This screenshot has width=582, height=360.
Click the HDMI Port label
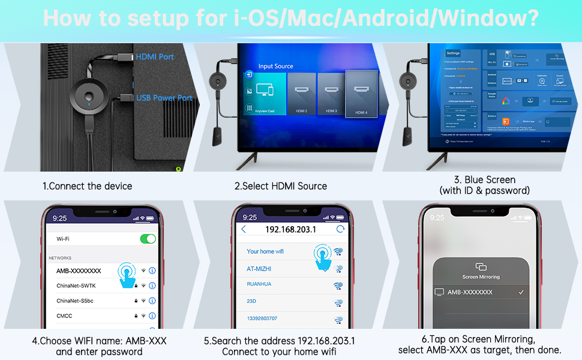(x=155, y=57)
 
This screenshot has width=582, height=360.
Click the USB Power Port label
(x=164, y=98)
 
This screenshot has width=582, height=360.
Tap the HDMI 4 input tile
(x=361, y=93)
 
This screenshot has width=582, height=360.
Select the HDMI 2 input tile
(x=302, y=94)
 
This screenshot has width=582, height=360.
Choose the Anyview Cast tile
(x=265, y=94)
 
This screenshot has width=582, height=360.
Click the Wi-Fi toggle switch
(x=148, y=239)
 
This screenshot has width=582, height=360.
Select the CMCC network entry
(x=65, y=316)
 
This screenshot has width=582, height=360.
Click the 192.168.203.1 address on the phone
(x=291, y=229)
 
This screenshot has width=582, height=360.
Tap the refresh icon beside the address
(x=341, y=229)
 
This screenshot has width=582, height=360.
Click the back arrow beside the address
(x=243, y=229)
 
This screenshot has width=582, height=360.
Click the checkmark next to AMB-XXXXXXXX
(x=521, y=292)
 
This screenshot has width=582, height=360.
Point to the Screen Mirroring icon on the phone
(x=481, y=266)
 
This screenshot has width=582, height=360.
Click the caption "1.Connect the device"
(x=87, y=186)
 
